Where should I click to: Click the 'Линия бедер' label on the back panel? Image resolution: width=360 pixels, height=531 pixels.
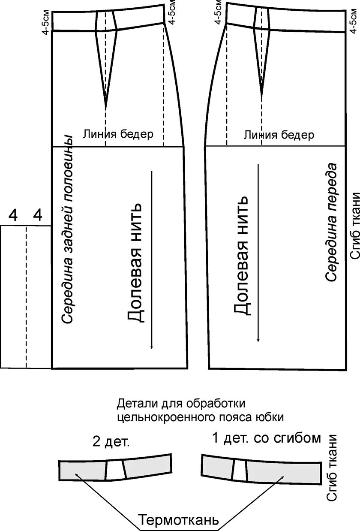[118, 134]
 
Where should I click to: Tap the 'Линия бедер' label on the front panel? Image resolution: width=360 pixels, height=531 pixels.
[279, 136]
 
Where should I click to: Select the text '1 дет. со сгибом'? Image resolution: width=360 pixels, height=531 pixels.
[266, 438]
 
